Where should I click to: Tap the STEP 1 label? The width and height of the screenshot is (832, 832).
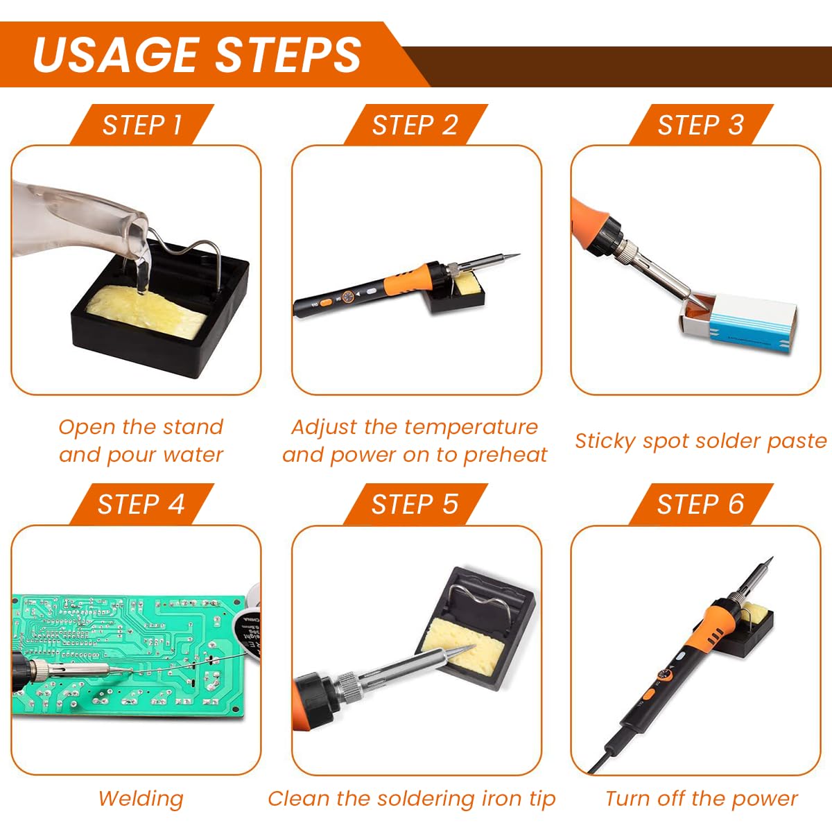tap(142, 125)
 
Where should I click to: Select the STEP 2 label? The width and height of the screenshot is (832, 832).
tap(415, 125)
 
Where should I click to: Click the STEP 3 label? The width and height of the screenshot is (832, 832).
tap(700, 125)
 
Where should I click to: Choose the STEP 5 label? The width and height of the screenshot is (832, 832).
tap(415, 504)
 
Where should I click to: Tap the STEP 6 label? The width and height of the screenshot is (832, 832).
tap(700, 504)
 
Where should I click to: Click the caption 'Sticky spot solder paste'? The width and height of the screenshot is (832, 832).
tap(700, 441)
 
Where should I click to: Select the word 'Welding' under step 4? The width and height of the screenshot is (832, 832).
tap(141, 799)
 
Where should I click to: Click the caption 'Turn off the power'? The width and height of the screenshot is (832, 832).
tap(701, 799)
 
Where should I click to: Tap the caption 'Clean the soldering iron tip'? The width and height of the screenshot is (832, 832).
tap(412, 799)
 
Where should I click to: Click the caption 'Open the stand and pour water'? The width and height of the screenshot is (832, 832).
tap(141, 441)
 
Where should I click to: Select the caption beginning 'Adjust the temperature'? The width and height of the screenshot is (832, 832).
tap(415, 441)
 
